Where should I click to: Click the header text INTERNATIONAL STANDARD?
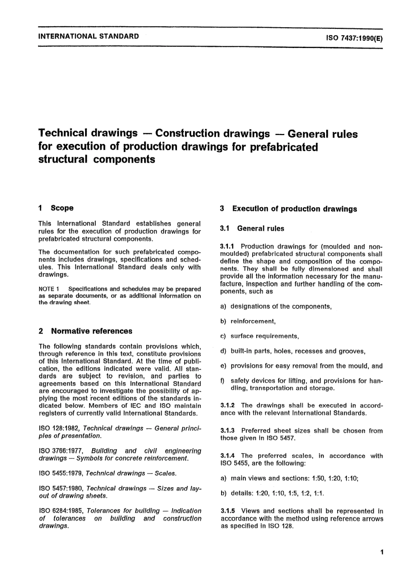coord(88,36)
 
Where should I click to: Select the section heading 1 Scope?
coord(56,208)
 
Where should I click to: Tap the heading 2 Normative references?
coord(85,331)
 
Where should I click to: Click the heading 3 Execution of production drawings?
coord(289,209)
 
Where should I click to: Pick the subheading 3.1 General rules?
coord(252,229)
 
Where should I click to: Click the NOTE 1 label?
coord(49,289)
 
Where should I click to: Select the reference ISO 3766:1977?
coord(61,451)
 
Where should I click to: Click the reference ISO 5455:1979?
coord(61,473)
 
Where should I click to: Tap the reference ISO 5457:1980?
coord(61,489)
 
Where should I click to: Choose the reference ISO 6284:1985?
coord(61,511)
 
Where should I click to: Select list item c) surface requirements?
coord(260,336)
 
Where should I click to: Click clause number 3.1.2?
coord(229,405)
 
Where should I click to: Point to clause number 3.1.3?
coord(229,431)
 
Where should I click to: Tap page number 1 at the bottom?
coord(382,553)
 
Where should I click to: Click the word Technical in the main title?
coord(64,133)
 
